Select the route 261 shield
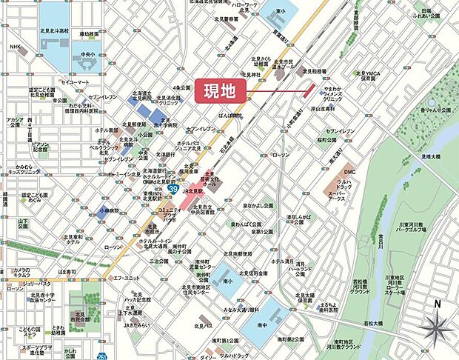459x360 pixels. point(101,356)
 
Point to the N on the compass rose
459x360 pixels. point(437,304)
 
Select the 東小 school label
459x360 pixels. point(279,11)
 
